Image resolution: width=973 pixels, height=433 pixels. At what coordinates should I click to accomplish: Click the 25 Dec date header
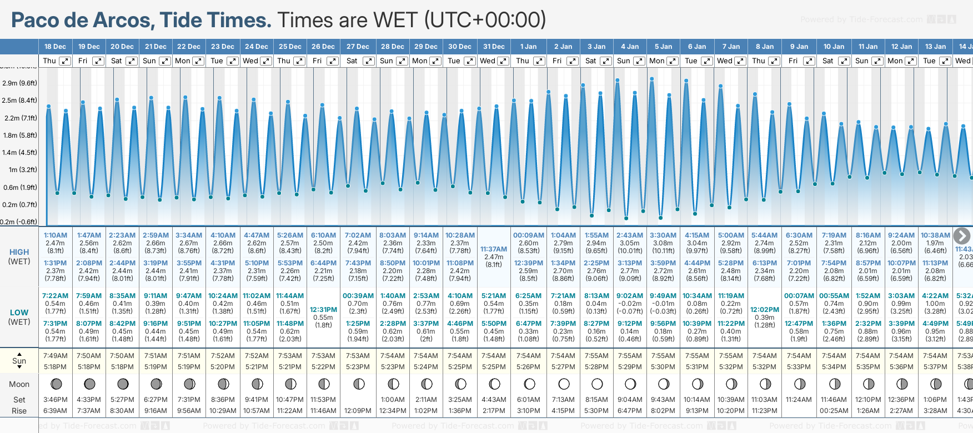pyautogui.click(x=290, y=47)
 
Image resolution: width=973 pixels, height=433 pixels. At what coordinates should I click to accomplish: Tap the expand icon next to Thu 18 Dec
pyautogui.click(x=65, y=61)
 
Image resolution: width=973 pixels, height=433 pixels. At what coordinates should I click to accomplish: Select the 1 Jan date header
pyautogui.click(x=528, y=47)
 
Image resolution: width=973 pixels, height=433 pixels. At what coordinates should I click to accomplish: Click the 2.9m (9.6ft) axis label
pyautogui.click(x=19, y=83)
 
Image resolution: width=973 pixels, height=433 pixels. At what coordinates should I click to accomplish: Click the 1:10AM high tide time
pyautogui.click(x=56, y=235)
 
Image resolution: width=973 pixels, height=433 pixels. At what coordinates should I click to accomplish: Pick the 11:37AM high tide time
pyautogui.click(x=494, y=249)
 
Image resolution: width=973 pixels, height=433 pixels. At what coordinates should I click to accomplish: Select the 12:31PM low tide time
pyautogui.click(x=323, y=310)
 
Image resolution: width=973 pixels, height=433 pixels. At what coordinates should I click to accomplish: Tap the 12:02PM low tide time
pyautogui.click(x=765, y=310)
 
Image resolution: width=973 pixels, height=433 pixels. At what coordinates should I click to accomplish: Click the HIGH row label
pyautogui.click(x=19, y=252)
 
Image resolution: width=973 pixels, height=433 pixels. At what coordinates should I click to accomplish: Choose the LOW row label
pyautogui.click(x=19, y=313)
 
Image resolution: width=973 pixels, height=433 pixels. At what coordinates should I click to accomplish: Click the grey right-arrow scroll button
pyautogui.click(x=962, y=236)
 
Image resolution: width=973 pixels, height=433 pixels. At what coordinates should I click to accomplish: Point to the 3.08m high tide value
pyautogui.click(x=663, y=243)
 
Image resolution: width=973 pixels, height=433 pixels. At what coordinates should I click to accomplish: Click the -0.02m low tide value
pyautogui.click(x=630, y=304)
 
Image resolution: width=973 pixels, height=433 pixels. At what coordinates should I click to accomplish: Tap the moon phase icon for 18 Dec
pyautogui.click(x=56, y=384)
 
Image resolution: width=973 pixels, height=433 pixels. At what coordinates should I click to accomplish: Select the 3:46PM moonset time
pyautogui.click(x=55, y=400)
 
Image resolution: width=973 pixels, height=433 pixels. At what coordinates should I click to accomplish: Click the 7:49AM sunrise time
pyautogui.click(x=55, y=356)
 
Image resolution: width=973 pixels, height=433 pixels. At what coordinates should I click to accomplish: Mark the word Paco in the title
pyautogui.click(x=35, y=21)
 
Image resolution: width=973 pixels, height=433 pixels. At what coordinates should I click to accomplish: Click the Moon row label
pyautogui.click(x=19, y=384)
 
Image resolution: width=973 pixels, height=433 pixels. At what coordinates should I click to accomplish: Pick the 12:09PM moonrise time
pyautogui.click(x=358, y=411)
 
